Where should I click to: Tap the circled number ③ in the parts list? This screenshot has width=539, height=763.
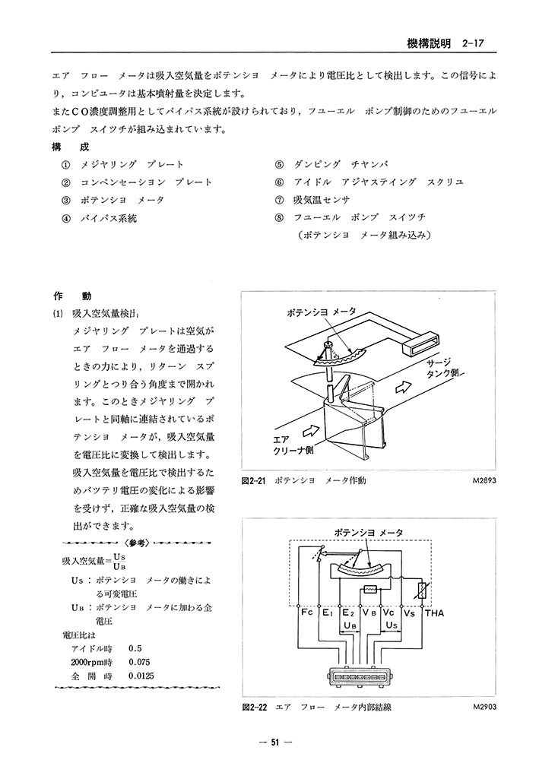[x=66, y=201]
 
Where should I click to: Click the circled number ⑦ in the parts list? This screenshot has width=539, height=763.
[x=279, y=201]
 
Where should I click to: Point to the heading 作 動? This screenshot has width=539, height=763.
[x=71, y=296]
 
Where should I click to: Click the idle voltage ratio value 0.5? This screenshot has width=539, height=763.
[x=136, y=647]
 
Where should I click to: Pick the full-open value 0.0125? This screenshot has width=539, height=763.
[x=143, y=675]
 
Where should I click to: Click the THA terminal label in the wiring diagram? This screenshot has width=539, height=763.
[x=434, y=613]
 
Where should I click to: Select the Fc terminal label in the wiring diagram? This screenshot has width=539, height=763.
[x=306, y=612]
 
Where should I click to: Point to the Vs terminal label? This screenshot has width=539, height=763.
[x=409, y=613]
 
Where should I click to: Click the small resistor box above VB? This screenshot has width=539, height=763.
[x=372, y=590]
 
